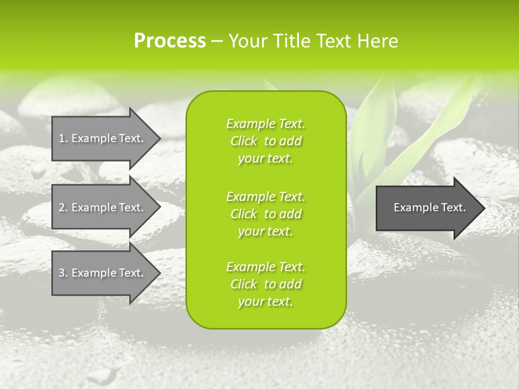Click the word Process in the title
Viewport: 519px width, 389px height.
point(170,41)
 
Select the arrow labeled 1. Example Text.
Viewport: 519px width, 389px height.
point(103,138)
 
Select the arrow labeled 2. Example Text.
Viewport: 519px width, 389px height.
point(103,207)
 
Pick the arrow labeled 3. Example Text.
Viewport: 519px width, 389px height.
point(103,273)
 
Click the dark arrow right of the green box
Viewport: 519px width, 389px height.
point(427,208)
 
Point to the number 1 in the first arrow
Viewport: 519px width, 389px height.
point(62,138)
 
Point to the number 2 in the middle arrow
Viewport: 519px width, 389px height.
point(62,207)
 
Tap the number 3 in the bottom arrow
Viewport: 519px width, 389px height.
point(62,273)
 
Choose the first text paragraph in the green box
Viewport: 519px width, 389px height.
point(265,141)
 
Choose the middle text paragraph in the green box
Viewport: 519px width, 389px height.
point(265,214)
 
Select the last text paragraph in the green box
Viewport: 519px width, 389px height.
point(265,284)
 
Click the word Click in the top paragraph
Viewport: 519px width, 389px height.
point(244,142)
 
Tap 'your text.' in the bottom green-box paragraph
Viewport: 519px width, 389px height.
point(265,302)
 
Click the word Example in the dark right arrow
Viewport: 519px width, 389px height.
point(413,207)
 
